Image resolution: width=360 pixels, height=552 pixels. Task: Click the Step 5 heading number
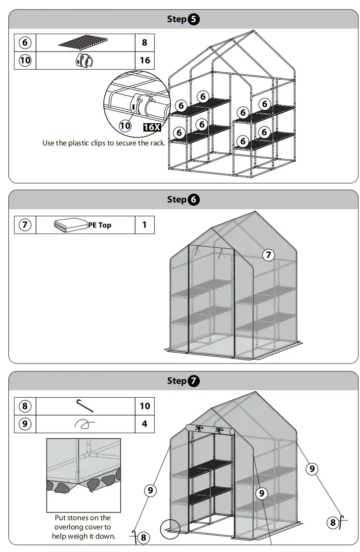point(194,20)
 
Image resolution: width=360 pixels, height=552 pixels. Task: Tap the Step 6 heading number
point(194,200)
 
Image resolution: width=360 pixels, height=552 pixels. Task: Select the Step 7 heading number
point(194,381)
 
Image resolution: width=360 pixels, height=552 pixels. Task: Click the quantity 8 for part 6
point(144,43)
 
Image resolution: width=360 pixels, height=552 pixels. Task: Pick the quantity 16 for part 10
point(144,61)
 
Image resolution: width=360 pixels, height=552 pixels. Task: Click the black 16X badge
point(152,127)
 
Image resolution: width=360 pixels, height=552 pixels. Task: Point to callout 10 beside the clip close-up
point(126,126)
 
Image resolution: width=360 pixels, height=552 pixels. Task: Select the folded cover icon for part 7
point(70,225)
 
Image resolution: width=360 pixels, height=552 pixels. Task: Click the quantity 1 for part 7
point(144,225)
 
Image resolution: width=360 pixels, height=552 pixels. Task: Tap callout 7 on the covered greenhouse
point(268,255)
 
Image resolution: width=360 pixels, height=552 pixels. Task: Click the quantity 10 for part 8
point(144,406)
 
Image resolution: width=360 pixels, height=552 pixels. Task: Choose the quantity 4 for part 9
point(144,424)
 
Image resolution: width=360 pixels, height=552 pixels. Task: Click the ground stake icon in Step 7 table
point(85,405)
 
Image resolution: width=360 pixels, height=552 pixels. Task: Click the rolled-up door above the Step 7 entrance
point(211,429)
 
